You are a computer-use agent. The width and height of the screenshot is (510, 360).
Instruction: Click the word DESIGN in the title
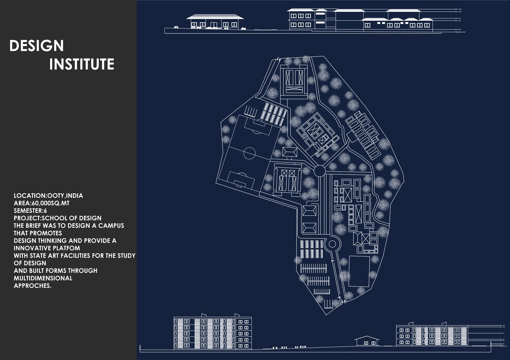coord(36,46)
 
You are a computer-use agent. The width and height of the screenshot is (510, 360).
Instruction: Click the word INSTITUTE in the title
coord(82,64)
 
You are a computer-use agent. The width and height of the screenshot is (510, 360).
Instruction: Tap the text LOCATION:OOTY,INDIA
coord(48,196)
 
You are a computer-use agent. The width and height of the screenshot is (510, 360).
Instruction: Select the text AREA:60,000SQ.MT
coord(42,203)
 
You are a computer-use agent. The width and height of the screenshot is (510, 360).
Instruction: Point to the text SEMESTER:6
coord(30,211)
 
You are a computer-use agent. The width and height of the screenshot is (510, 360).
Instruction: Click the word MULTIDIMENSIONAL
coord(43,278)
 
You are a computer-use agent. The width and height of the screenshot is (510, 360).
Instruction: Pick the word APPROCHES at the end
coord(32,286)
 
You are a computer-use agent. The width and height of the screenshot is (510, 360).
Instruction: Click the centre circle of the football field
coord(249,152)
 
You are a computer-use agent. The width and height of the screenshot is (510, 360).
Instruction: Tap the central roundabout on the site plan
coord(319,170)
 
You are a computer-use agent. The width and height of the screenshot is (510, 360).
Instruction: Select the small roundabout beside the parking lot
coord(332,244)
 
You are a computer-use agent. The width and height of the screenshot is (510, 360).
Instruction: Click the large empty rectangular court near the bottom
coord(360,271)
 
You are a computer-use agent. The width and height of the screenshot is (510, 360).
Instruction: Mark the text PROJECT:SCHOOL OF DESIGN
coord(58,218)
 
